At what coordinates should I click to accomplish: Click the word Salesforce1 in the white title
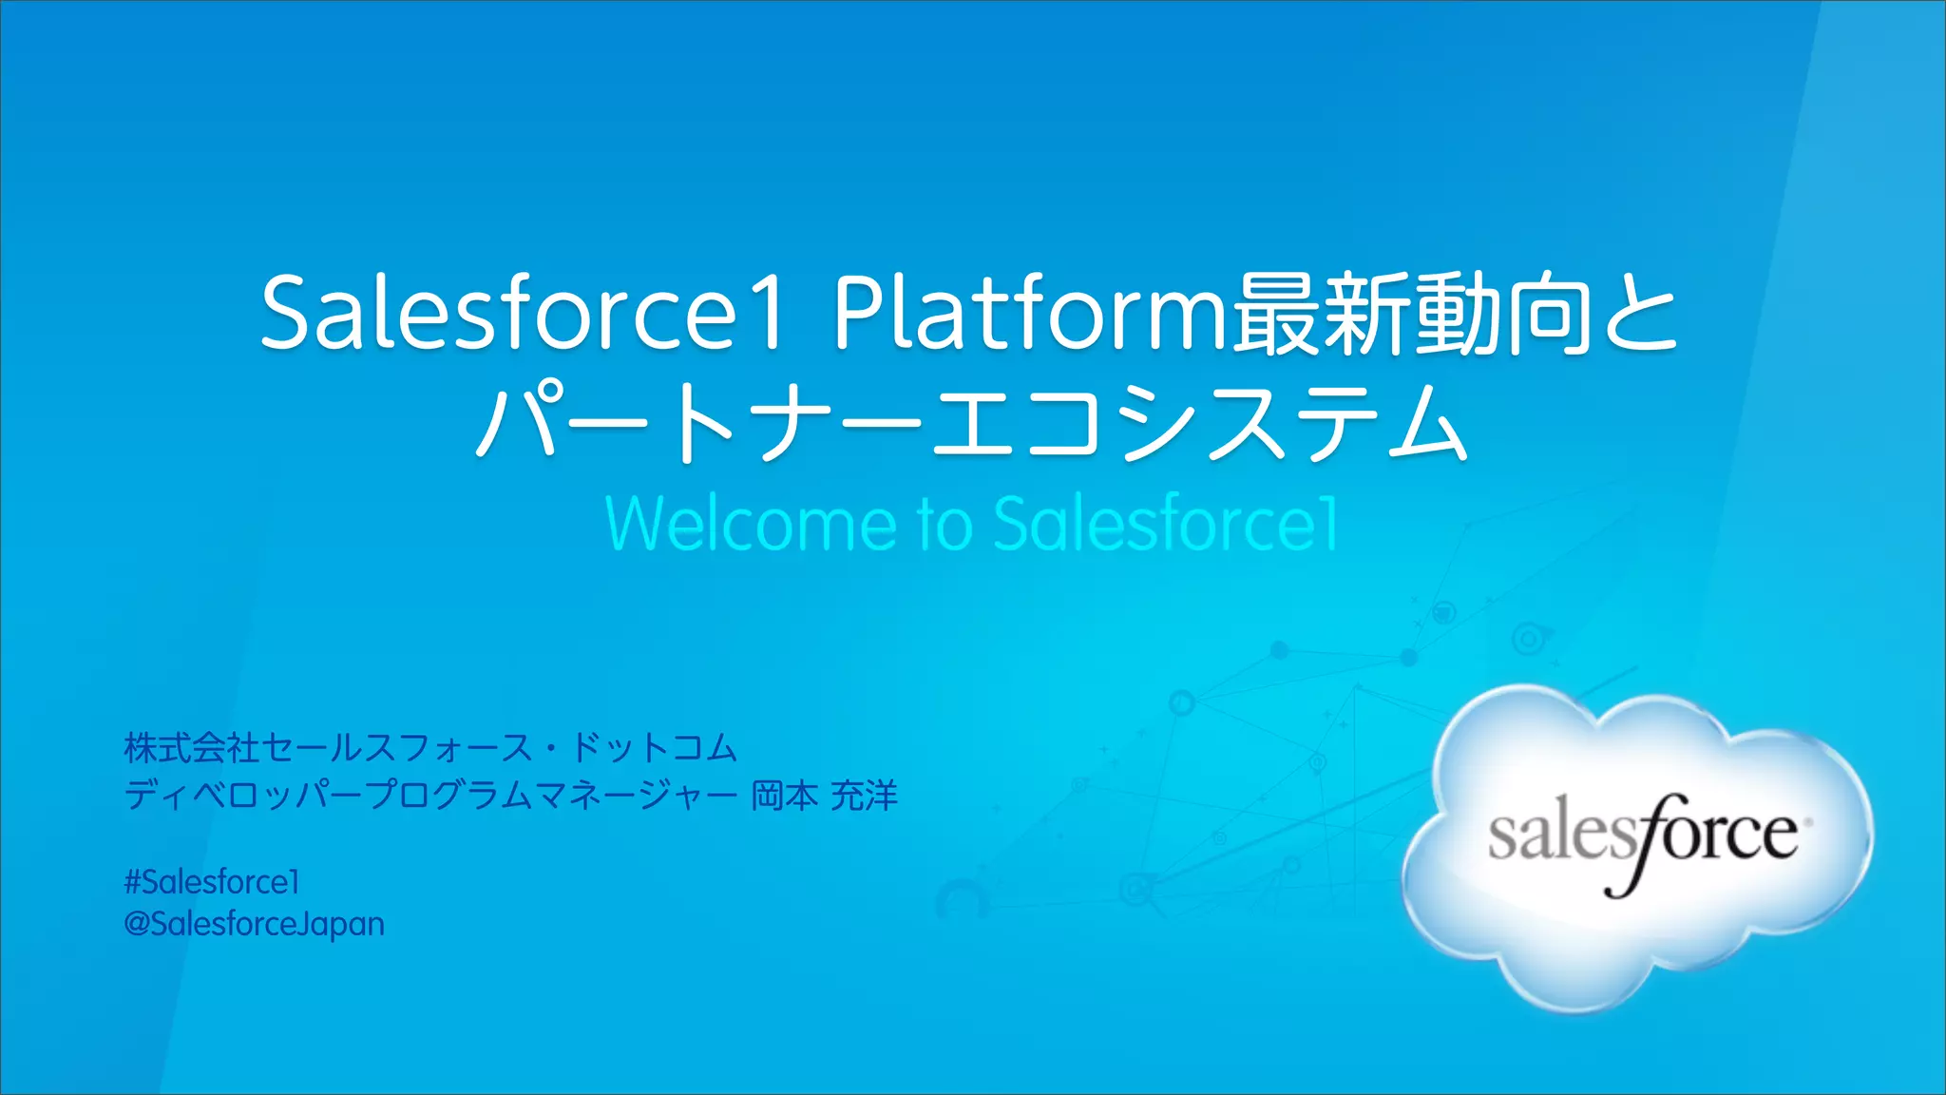(x=523, y=313)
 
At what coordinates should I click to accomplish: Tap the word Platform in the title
(x=1031, y=313)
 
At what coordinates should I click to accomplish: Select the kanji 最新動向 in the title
(x=1411, y=313)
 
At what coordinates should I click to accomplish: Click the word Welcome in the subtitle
(x=751, y=524)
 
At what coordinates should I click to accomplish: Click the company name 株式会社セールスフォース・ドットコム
(x=430, y=748)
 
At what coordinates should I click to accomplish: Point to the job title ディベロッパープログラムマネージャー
(x=430, y=795)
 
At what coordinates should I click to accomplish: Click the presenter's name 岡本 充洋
(x=824, y=795)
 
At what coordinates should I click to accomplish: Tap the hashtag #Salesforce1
(x=212, y=882)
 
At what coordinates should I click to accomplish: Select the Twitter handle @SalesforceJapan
(x=254, y=924)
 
